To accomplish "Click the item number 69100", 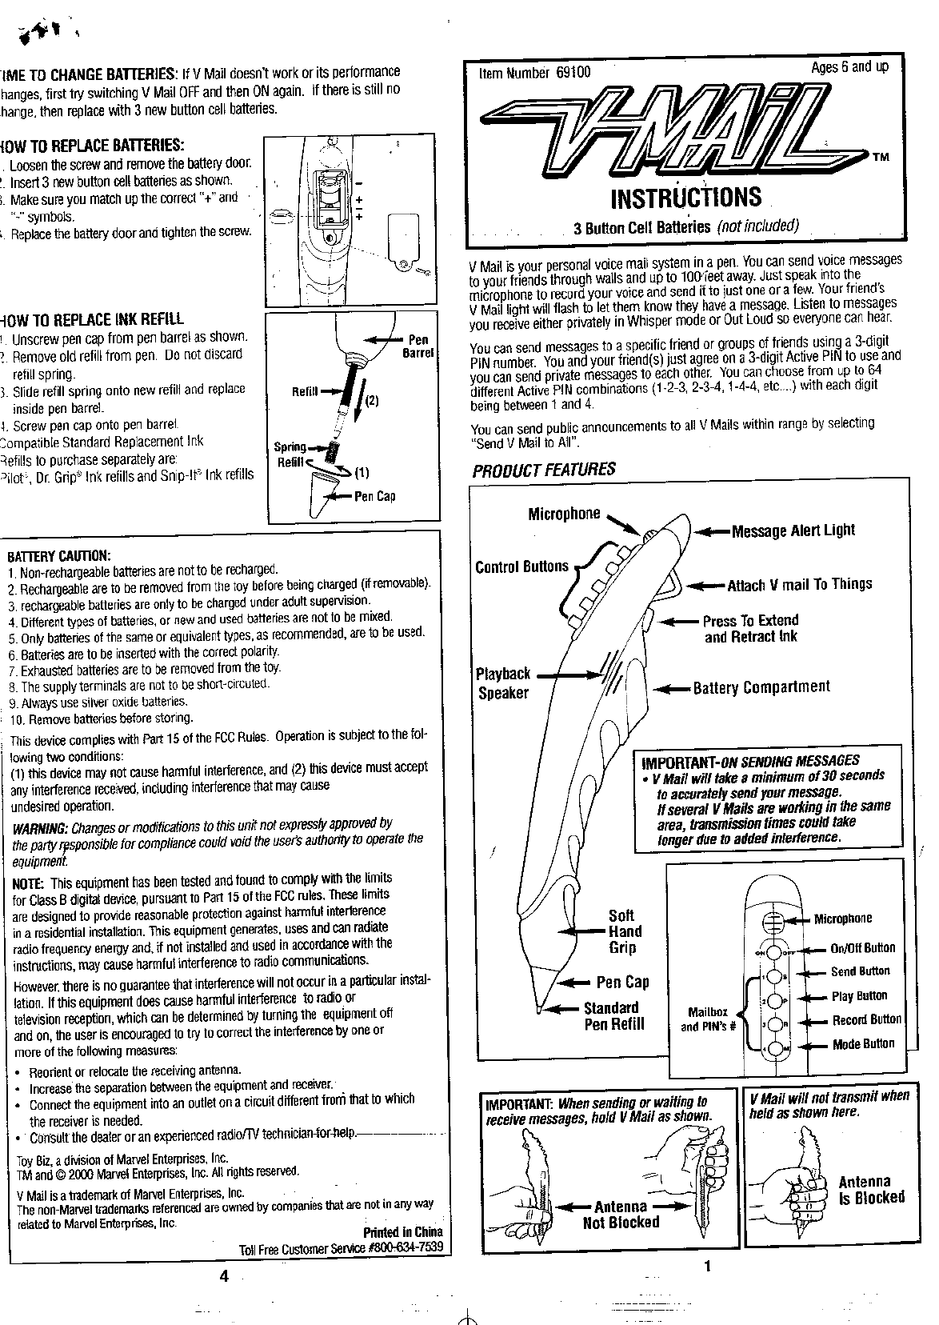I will click(573, 73).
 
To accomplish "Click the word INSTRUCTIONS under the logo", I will click(685, 197).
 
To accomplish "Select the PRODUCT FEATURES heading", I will click(544, 470).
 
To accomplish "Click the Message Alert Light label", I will click(793, 530).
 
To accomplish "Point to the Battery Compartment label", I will click(761, 687).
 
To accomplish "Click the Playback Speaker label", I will click(503, 683).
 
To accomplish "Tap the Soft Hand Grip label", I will click(623, 931).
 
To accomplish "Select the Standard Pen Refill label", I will click(613, 1016).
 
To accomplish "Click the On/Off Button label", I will click(862, 948).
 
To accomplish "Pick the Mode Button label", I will click(863, 1044).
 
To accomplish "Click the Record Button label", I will click(866, 1020).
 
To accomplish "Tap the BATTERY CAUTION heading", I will click(59, 556).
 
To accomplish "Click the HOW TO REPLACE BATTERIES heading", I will click(94, 146).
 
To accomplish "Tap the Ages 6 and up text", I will click(849, 67).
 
